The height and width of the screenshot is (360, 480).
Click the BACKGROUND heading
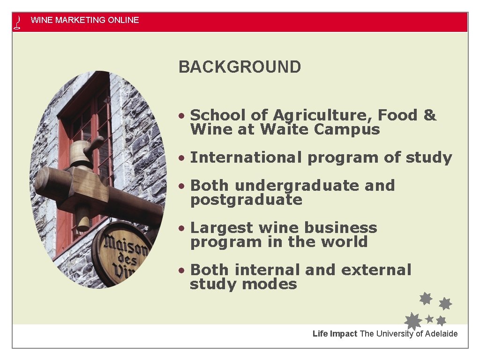click(240, 67)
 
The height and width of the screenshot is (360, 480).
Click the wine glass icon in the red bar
click(18, 22)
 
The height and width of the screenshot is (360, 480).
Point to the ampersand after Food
click(429, 115)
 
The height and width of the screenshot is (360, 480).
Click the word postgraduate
click(246, 200)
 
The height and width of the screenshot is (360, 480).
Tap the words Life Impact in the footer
click(335, 334)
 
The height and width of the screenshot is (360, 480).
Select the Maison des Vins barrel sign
click(123, 255)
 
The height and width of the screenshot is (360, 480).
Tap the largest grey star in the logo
click(413, 322)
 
